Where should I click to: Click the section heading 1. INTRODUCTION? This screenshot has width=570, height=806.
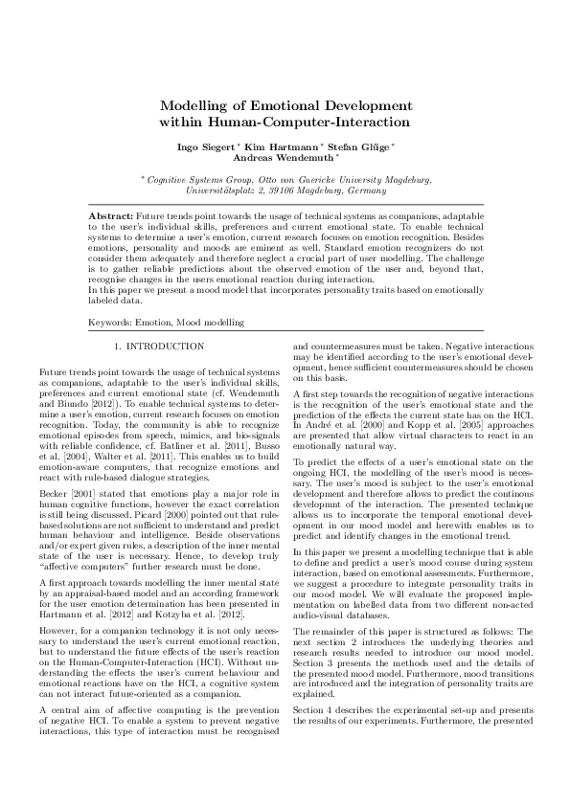[x=159, y=345]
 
